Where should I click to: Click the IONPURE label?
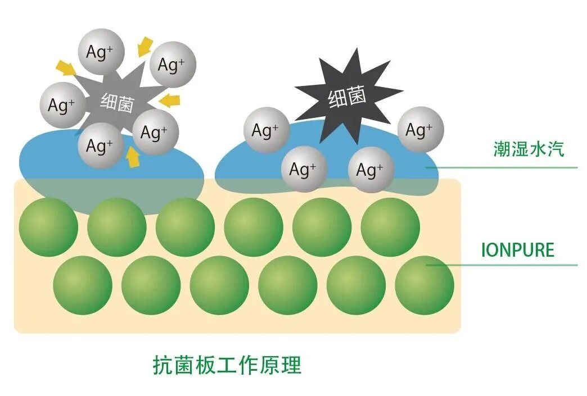point(518,249)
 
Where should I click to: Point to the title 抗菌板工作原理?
point(227,365)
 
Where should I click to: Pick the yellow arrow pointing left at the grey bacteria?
point(170,101)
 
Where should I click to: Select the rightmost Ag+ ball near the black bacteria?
point(421,130)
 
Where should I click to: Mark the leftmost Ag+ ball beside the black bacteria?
point(267,130)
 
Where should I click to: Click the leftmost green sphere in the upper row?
point(48,227)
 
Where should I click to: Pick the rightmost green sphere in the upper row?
point(390,227)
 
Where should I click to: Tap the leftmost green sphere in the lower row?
point(83,285)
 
